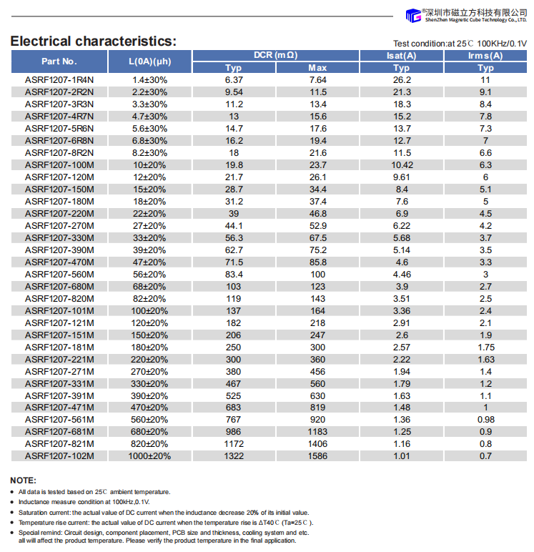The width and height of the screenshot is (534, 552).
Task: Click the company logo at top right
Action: [465, 15]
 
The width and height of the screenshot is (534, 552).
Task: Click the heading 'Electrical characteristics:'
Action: [93, 41]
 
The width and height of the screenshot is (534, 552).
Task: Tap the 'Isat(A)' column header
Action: [402, 56]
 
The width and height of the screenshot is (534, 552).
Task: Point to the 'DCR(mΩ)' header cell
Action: [275, 56]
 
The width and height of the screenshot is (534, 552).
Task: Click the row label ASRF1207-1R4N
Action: [59, 80]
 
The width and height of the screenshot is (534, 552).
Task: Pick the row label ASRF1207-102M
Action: [59, 455]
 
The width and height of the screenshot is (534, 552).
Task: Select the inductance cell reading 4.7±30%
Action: [149, 116]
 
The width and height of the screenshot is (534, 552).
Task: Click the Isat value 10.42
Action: [402, 164]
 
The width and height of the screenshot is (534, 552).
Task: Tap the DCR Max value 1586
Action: [317, 455]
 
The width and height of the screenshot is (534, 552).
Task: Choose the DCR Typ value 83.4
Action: [234, 274]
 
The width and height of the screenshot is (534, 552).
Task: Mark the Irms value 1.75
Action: [485, 347]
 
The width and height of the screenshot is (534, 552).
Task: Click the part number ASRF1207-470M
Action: [59, 262]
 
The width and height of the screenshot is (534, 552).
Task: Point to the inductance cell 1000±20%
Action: [149, 455]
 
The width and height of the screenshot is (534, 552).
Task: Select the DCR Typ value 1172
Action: [234, 443]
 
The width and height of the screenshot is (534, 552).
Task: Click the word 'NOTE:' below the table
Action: [23, 480]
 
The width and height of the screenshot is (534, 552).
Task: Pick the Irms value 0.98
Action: [485, 419]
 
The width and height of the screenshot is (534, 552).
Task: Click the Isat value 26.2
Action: [402, 80]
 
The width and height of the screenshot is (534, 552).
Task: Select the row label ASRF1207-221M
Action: [59, 359]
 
